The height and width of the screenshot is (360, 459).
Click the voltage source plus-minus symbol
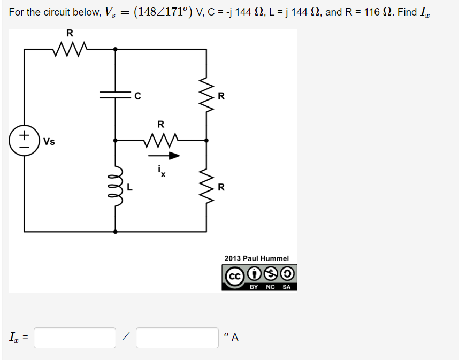pyautogui.click(x=24, y=141)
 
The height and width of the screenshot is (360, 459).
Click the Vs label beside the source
pyautogui.click(x=49, y=142)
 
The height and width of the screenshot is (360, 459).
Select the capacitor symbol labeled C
pyautogui.click(x=116, y=96)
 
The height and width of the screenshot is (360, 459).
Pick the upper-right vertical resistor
pyautogui.click(x=206, y=95)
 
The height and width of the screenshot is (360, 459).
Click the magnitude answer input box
pyautogui.click(x=75, y=338)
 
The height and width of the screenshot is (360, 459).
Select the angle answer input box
pyautogui.click(x=177, y=338)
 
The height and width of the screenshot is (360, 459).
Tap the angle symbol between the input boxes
pyautogui.click(x=126, y=338)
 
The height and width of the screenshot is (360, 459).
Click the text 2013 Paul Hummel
pyautogui.click(x=256, y=258)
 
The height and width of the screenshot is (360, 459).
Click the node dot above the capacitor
pyautogui.click(x=116, y=49)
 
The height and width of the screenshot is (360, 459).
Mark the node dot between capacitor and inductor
pyautogui.click(x=116, y=141)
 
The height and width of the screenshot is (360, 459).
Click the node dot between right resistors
pyautogui.click(x=206, y=141)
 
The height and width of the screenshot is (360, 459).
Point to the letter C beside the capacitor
pyautogui.click(x=137, y=96)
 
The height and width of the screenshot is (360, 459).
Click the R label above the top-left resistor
pyautogui.click(x=70, y=34)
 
